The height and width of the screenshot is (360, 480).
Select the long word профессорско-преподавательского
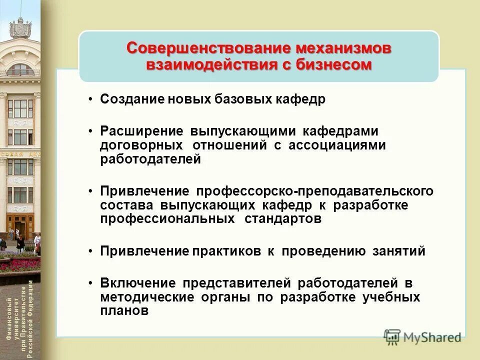tap(315, 191)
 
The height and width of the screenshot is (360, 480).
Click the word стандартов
tap(283, 219)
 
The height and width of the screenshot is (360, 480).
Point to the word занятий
tap(398, 251)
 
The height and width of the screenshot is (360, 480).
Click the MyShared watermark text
tap(432, 337)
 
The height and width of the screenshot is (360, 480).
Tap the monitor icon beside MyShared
tap(392, 336)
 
